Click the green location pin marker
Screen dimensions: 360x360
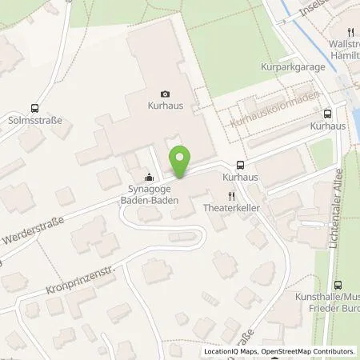point(181,162)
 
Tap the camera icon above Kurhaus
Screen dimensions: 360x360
point(165,94)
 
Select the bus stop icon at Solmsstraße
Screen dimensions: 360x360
point(34,109)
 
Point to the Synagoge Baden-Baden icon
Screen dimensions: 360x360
point(148,178)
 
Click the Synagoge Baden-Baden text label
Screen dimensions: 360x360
point(149,194)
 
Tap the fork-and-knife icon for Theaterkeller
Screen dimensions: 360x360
point(231,195)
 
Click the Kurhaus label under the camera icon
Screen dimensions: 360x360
point(165,106)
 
